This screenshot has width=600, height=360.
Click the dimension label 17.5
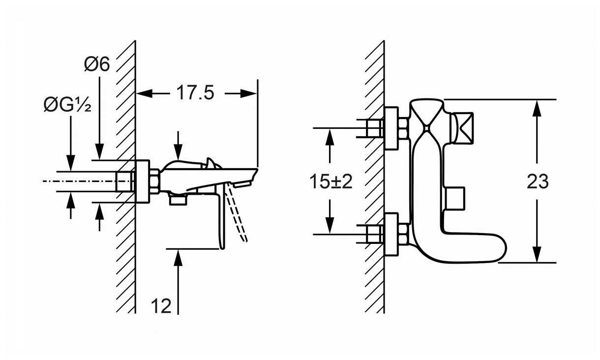195,93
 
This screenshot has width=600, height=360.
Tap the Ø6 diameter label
97,64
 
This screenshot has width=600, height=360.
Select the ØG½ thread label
67,105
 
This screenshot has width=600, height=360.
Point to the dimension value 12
161,305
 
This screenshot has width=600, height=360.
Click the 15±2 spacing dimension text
331,181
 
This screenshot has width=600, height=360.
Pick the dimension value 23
538,181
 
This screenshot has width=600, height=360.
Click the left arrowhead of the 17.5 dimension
145,93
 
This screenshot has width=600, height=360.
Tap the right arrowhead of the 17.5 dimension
248,93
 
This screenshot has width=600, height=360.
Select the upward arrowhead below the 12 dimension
178,257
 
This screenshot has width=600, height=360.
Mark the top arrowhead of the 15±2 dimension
330,137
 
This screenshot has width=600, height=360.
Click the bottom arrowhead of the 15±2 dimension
330,226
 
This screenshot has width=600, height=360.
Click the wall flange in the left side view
142,181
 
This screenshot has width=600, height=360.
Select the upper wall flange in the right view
391,128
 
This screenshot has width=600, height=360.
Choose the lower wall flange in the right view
391,235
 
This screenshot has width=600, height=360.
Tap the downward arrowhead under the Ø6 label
99,151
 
